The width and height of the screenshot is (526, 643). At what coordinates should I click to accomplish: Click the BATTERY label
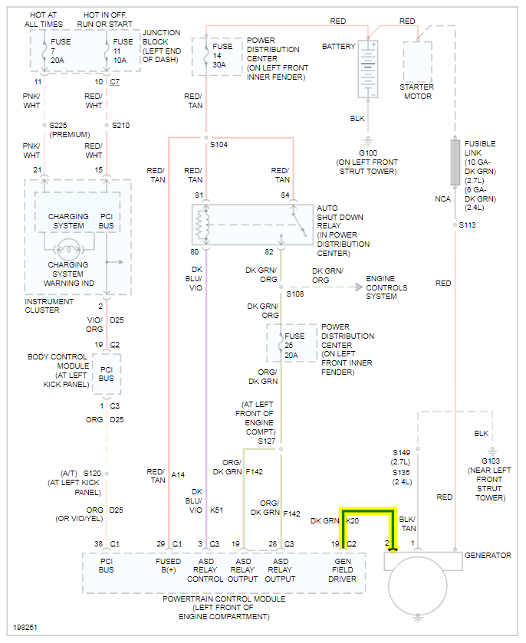point(338,47)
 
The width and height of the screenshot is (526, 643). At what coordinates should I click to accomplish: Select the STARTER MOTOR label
point(416,91)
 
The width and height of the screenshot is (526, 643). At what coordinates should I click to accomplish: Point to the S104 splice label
point(219,144)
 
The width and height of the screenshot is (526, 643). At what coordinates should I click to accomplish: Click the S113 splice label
point(467,225)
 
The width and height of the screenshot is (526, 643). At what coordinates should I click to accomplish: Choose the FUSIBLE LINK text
point(480,149)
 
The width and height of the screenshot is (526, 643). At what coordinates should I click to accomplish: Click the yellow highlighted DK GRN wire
point(368,512)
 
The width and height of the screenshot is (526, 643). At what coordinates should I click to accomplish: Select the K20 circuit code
point(353,520)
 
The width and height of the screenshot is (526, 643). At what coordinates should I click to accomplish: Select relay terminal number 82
point(269,252)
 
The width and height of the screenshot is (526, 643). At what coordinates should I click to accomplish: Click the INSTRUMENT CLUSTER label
point(48,306)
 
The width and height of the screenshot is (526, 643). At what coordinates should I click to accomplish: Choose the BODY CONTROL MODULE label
point(59,370)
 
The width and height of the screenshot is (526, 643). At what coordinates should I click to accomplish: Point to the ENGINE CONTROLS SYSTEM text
point(386,287)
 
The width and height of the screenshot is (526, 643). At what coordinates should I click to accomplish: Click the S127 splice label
point(266,441)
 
